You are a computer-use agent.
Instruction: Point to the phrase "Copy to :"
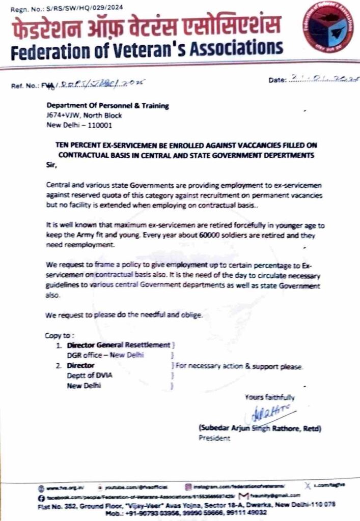[x=60, y=335]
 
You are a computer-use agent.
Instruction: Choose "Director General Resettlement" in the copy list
[x=118, y=345]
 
